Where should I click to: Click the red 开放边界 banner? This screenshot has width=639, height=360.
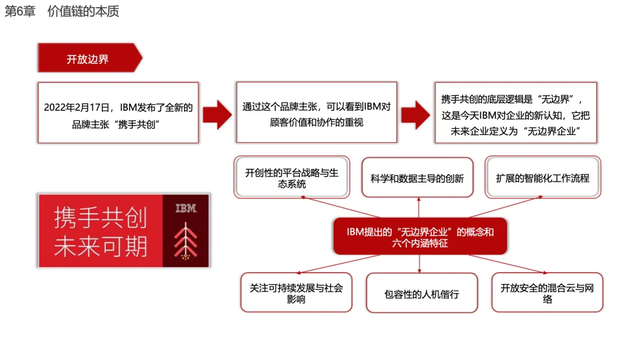pyautogui.click(x=90, y=58)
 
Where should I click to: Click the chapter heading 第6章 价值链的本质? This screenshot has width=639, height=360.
pyautogui.click(x=62, y=11)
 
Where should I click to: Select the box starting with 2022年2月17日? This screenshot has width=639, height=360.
pyautogui.click(x=118, y=113)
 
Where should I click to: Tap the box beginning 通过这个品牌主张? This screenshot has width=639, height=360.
pyautogui.click(x=317, y=112)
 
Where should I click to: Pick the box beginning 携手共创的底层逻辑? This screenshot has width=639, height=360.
pyautogui.click(x=515, y=113)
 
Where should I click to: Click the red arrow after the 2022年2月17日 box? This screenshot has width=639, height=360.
pyautogui.click(x=217, y=114)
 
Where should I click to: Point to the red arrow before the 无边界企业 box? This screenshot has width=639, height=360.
pyautogui.click(x=415, y=114)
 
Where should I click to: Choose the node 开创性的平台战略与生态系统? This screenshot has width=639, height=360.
pyautogui.click(x=292, y=178)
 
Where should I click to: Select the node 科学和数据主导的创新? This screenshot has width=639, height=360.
pyautogui.click(x=417, y=178)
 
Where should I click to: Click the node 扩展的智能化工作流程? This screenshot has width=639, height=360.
pyautogui.click(x=543, y=178)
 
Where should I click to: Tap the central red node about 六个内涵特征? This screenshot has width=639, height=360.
pyautogui.click(x=420, y=236)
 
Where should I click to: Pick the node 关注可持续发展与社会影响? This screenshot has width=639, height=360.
pyautogui.click(x=296, y=292)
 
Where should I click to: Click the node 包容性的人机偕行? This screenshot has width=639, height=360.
pyautogui.click(x=422, y=293)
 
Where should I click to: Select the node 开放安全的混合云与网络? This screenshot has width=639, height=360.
pyautogui.click(x=547, y=292)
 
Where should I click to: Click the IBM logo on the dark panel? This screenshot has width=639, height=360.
pyautogui.click(x=186, y=208)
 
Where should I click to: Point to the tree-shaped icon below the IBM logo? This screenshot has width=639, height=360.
pyautogui.click(x=186, y=241)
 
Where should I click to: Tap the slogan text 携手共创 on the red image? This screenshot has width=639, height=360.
pyautogui.click(x=101, y=217)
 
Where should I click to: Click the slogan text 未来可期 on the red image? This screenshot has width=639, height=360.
pyautogui.click(x=101, y=247)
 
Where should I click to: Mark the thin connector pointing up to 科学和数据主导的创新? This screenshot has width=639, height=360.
pyautogui.click(x=419, y=207)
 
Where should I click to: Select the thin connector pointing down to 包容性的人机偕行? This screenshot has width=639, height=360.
pyautogui.click(x=419, y=263)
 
